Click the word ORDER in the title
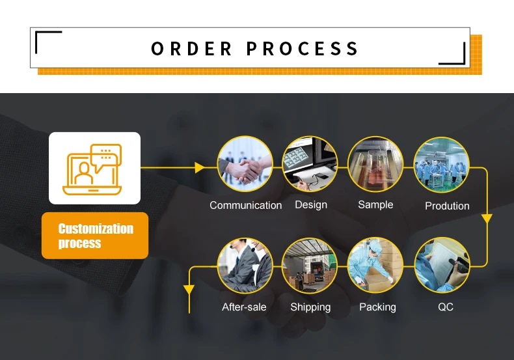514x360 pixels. pos(191,49)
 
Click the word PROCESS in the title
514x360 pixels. pos(303,49)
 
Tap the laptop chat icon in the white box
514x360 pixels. pos(94,169)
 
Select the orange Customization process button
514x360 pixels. pos(95,236)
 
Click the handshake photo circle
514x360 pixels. pos(245,163)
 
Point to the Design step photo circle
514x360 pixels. pos(310,163)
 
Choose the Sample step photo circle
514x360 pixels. pos(375,163)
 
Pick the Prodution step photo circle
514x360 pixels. pos(442,163)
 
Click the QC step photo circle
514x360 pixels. pos(442,265)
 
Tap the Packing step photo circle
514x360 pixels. pos(375,265)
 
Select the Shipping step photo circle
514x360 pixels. pos(310,265)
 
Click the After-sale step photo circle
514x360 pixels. pos(245,265)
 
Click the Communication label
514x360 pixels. pos(246,205)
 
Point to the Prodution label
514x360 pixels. pos(447,206)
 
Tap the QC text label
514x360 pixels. pos(446,307)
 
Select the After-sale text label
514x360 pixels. pos(244,307)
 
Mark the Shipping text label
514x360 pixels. pos(310,307)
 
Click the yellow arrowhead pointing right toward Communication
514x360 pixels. pos(200,168)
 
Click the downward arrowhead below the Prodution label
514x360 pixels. pos(486,219)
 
